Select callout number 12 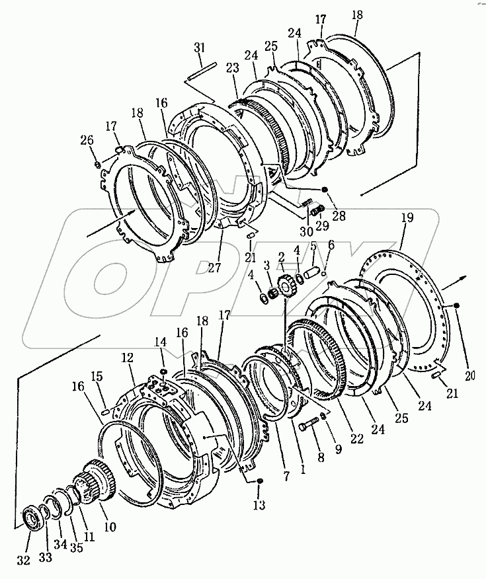[127, 358]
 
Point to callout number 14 [162, 342]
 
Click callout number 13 [259, 506]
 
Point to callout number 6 [331, 244]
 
